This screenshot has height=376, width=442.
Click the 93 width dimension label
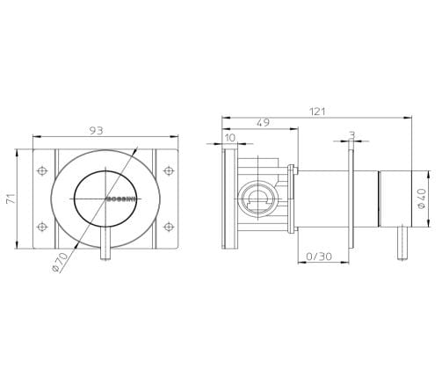coord(97,130)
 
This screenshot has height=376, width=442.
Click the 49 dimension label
coord(263,123)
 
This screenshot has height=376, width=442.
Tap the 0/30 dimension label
coord(318,257)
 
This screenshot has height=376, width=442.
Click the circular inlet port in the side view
coord(257,199)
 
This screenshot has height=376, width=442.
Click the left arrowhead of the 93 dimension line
coord(36,137)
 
